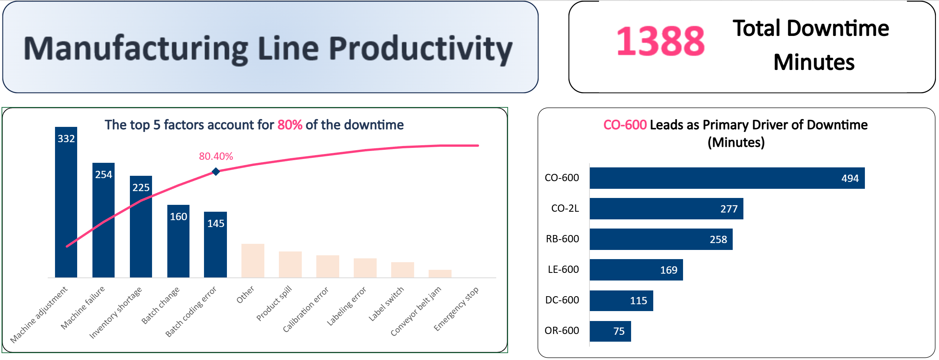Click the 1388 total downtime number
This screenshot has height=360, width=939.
coord(661,41)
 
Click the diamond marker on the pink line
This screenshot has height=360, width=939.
coord(216,172)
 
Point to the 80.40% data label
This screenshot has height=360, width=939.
coord(216,156)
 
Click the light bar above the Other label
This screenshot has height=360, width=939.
coord(253,261)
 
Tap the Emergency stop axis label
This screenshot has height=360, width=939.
coord(457,309)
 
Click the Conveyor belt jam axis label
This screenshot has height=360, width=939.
coord(416,311)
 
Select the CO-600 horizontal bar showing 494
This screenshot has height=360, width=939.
coord(727,178)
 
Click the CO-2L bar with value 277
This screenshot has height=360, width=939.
coord(666,209)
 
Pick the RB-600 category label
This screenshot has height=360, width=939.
coord(562,239)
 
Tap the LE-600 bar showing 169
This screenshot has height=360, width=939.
coord(636,270)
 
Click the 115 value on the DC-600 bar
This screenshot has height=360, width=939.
coord(638,301)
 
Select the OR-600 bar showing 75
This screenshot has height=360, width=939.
coord(610,331)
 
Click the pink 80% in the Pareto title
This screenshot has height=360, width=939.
coord(290,125)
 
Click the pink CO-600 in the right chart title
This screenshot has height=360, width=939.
coord(625,125)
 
